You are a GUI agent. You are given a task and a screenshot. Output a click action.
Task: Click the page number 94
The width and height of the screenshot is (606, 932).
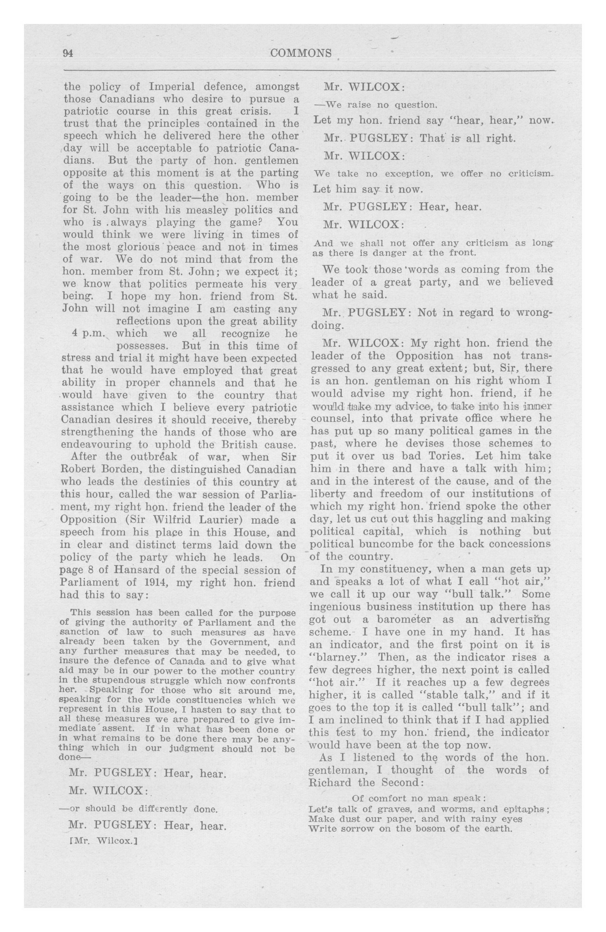[x=69, y=54]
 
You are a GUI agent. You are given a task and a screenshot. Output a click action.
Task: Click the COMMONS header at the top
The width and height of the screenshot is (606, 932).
[x=301, y=53]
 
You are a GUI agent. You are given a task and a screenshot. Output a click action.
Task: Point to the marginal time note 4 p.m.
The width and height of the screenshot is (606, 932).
[x=89, y=334]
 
